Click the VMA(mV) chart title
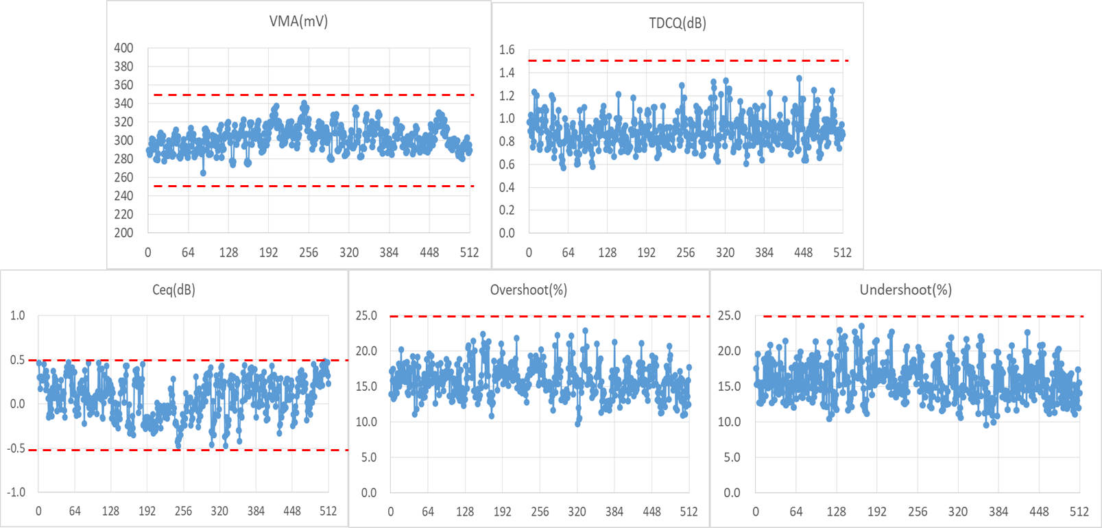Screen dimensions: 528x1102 (x=298, y=21)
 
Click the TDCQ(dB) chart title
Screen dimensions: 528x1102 (x=678, y=23)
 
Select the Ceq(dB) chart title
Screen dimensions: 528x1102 (x=173, y=290)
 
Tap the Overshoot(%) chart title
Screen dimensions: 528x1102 (x=528, y=290)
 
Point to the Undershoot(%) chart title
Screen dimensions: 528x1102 (x=905, y=290)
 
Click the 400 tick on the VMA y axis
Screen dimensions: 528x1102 (x=123, y=48)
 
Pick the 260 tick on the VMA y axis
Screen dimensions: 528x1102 (x=123, y=178)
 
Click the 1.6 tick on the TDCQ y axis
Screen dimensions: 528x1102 (x=507, y=49)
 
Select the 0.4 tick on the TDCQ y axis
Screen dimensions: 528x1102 (x=507, y=187)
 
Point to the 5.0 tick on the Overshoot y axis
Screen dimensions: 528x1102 (x=369, y=457)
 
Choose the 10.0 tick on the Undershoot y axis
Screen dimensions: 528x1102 (x=729, y=422)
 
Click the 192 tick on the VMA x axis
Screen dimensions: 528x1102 (x=268, y=252)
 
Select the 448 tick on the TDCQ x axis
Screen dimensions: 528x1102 (x=803, y=252)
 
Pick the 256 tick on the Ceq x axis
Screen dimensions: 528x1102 (x=183, y=511)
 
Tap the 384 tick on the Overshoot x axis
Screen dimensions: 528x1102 (x=614, y=512)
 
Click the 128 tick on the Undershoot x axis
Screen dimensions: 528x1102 (x=837, y=512)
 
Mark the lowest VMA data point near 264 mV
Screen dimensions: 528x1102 (x=203, y=173)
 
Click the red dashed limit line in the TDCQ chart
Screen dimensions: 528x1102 (x=686, y=61)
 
